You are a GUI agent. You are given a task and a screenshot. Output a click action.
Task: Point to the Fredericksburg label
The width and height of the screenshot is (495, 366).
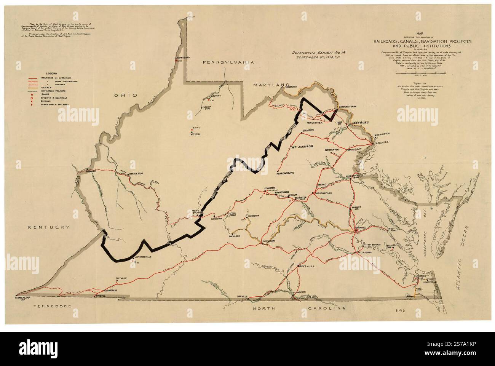[x=351, y=177]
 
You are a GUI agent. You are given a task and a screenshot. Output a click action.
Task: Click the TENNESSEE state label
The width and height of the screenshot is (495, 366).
[x=50, y=306]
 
